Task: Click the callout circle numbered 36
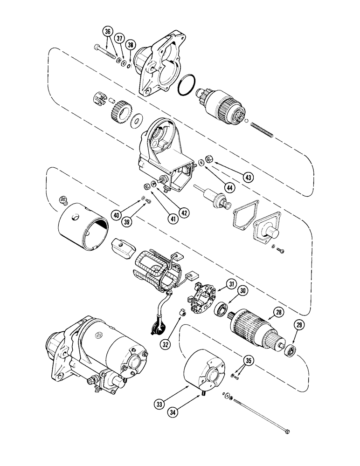pyautogui.click(x=108, y=31)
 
